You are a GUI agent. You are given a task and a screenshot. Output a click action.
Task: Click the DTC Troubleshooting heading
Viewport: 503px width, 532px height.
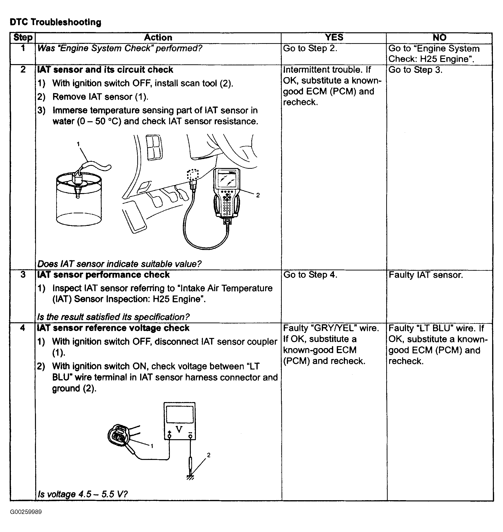(x=55, y=22)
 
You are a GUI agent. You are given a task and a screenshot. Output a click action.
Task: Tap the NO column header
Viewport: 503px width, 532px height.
(x=440, y=38)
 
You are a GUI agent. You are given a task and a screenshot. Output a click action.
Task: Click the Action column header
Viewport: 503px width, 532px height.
(x=158, y=38)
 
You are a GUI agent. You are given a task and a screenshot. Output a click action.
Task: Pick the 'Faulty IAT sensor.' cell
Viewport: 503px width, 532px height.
(x=426, y=275)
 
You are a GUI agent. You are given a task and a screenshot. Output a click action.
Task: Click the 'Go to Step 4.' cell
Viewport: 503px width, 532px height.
(x=310, y=275)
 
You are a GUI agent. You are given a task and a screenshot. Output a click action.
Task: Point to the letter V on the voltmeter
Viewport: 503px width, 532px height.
(x=179, y=429)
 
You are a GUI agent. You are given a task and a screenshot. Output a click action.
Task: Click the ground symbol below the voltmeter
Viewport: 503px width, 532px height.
(x=190, y=477)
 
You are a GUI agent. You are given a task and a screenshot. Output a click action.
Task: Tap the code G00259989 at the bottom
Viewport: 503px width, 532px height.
(x=26, y=512)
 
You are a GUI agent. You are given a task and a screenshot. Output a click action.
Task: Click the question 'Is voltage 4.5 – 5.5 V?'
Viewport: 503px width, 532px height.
(x=83, y=494)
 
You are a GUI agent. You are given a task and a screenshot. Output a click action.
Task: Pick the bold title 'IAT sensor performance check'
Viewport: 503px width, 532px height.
(x=103, y=275)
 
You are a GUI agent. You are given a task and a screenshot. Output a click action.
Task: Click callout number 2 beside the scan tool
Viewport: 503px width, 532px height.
(x=258, y=195)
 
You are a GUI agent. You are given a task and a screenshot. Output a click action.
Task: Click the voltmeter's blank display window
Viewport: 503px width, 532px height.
(x=180, y=414)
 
